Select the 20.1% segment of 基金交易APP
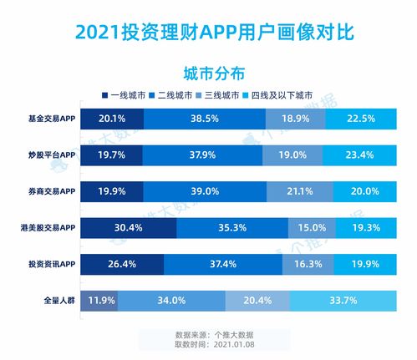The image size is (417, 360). [x=112, y=119]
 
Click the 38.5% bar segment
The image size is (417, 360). [x=203, y=119]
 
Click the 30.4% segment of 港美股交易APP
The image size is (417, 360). [x=129, y=226]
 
